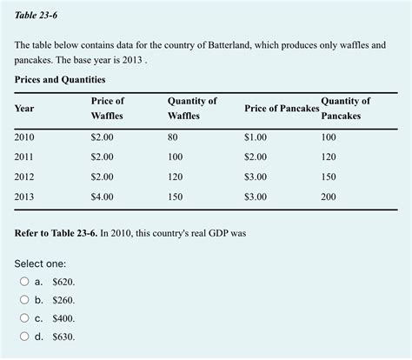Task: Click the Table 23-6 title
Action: click(x=34, y=16)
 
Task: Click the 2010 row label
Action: click(x=25, y=137)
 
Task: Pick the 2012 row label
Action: click(x=25, y=177)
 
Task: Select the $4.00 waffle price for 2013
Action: click(x=102, y=197)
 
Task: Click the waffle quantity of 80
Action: click(x=173, y=137)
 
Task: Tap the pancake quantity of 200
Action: click(x=329, y=197)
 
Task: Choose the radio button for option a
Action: click(x=23, y=282)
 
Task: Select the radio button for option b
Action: click(x=23, y=300)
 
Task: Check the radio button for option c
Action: click(x=23, y=318)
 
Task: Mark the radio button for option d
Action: click(x=23, y=337)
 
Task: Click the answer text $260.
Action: click(x=63, y=300)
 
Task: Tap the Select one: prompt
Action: click(x=40, y=263)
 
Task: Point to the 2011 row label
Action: click(x=25, y=157)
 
